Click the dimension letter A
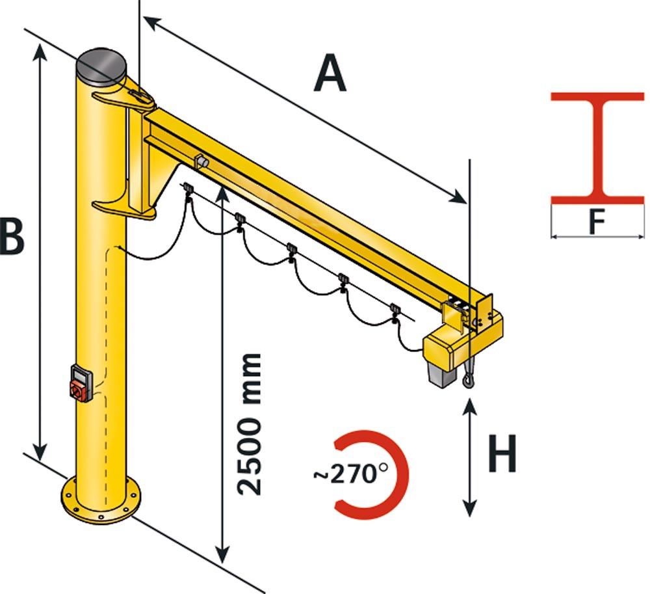[330, 73]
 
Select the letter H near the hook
[502, 453]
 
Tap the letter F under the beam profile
[597, 222]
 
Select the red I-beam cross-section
[597, 148]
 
